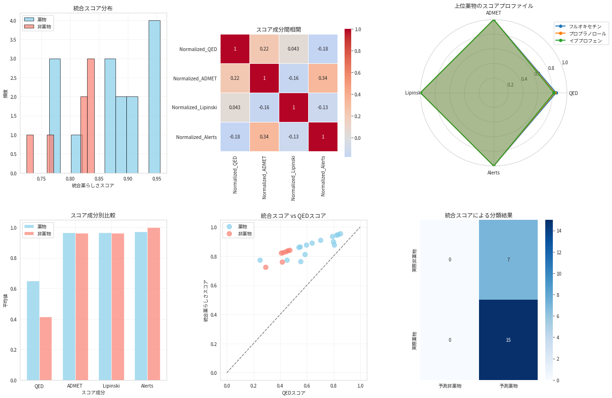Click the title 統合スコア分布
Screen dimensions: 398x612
click(93, 9)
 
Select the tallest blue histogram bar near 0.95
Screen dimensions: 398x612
click(154, 97)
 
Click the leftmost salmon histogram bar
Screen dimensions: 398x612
click(30, 154)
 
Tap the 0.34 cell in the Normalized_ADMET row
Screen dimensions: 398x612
click(323, 78)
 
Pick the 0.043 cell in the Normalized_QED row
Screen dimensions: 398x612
click(293, 49)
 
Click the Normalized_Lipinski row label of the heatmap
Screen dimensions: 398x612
click(194, 107)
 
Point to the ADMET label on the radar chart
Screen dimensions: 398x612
click(493, 13)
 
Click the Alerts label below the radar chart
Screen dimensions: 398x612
click(493, 173)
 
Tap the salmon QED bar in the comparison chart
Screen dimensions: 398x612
click(46, 348)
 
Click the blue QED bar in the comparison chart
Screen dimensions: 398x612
click(33, 331)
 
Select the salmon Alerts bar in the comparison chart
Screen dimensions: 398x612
click(154, 304)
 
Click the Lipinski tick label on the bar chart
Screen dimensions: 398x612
click(111, 386)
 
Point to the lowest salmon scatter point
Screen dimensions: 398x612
click(266, 267)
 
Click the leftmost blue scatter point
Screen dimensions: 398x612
click(260, 260)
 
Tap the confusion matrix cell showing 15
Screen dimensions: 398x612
click(508, 340)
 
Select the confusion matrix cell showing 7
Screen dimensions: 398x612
click(508, 260)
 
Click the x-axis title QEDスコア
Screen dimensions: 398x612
click(293, 393)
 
